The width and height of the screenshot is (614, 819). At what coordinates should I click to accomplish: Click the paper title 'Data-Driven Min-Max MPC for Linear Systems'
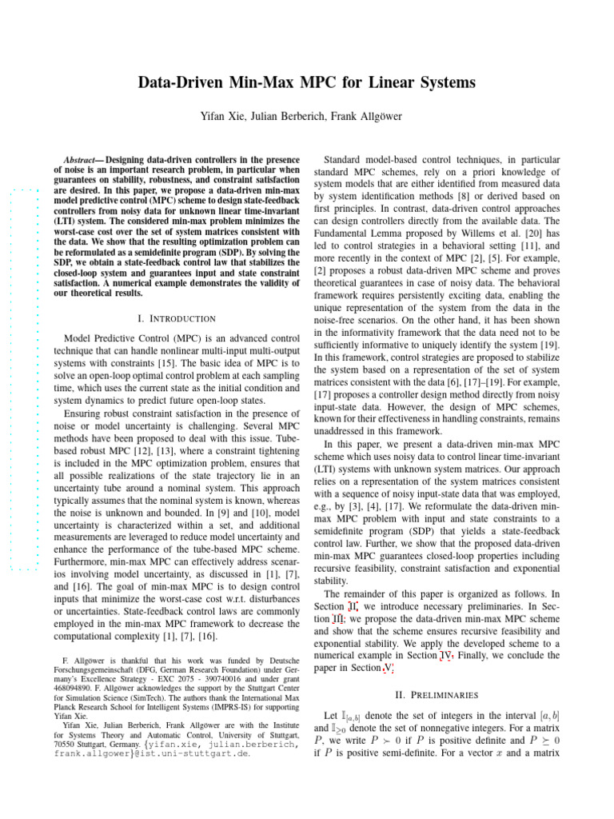[307, 82]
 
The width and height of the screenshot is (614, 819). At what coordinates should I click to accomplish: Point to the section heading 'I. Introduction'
[177, 318]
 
